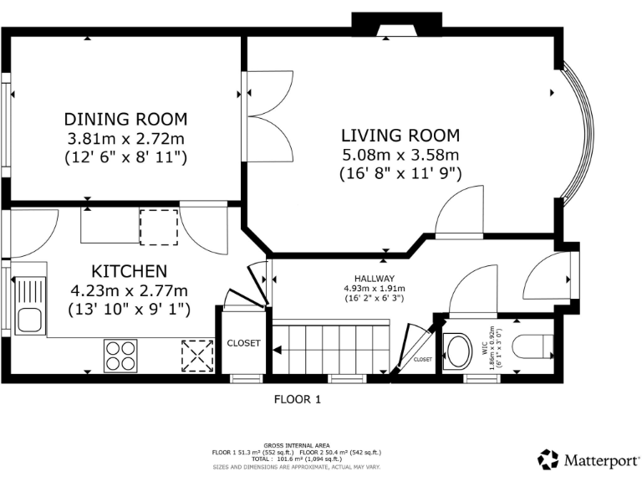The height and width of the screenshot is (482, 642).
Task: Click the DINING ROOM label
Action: point(125,119)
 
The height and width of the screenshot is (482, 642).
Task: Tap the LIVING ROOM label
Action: point(400,136)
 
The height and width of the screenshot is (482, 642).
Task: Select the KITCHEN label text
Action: point(129,271)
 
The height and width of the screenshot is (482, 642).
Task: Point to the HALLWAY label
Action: point(373,279)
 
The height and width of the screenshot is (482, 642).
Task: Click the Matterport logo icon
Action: point(548,459)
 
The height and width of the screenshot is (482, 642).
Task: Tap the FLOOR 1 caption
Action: point(298,400)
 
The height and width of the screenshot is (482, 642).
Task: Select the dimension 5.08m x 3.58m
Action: point(400,155)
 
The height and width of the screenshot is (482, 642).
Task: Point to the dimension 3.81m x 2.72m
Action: point(125,138)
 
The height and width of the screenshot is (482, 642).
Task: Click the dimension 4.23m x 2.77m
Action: point(129,290)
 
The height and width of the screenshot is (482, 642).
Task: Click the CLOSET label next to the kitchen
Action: point(244,343)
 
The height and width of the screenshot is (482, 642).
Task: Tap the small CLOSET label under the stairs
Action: point(423,359)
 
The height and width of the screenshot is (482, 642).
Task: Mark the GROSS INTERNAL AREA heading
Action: point(297,444)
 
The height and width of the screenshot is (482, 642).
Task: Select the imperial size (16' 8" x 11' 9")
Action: point(400,174)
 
